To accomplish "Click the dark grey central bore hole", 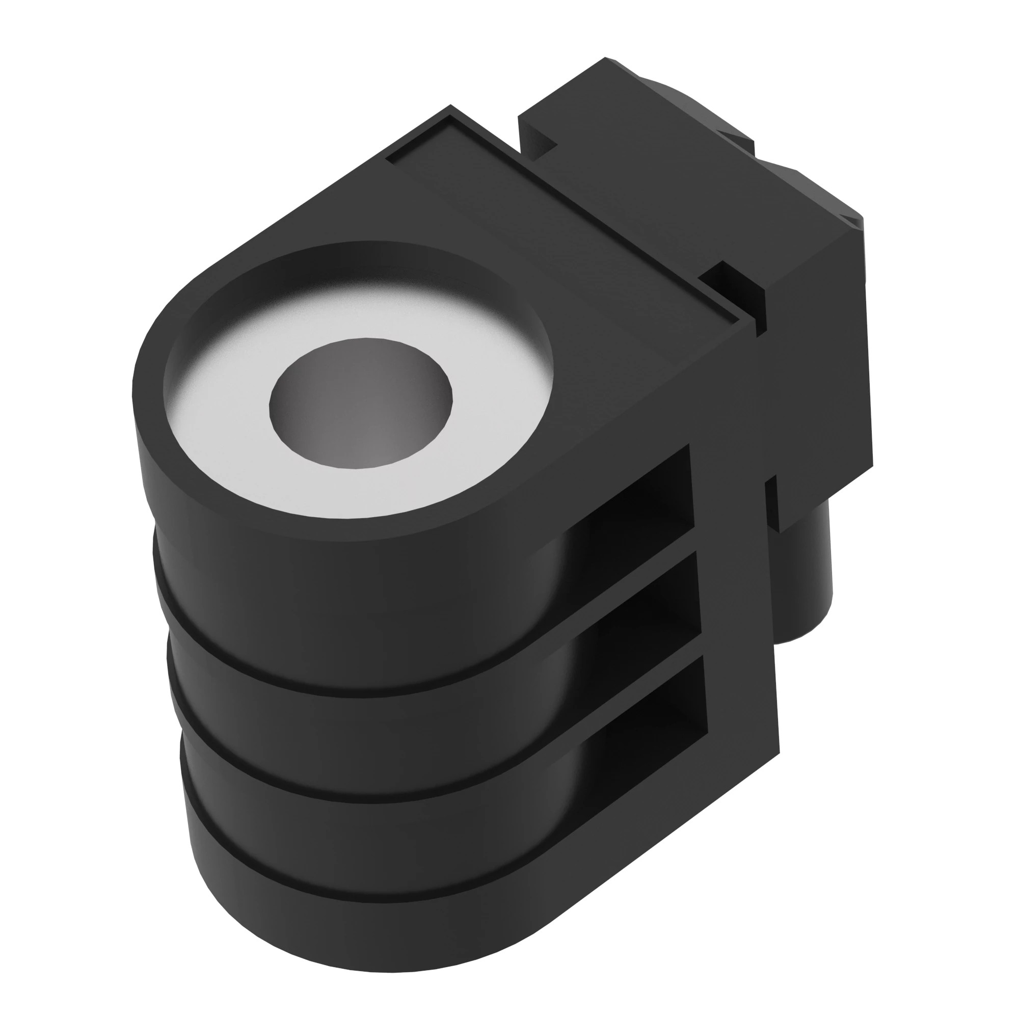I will [x=361, y=404].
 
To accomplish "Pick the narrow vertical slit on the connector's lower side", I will [x=771, y=501].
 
